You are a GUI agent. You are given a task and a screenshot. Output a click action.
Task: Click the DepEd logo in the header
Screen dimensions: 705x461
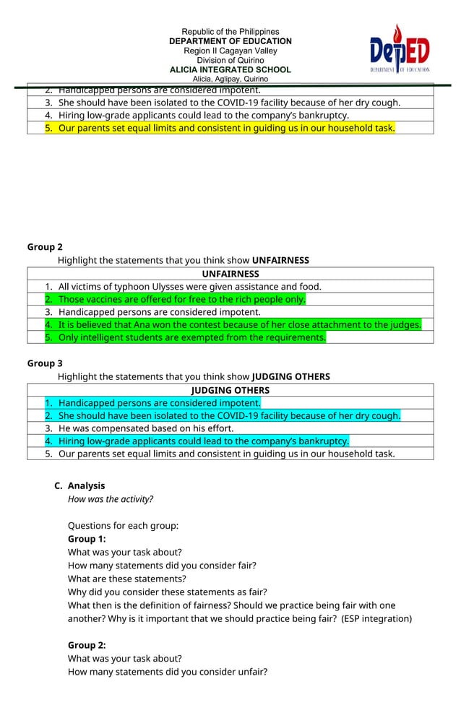(x=400, y=49)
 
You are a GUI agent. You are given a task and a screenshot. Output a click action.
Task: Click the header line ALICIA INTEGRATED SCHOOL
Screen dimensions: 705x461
(x=230, y=69)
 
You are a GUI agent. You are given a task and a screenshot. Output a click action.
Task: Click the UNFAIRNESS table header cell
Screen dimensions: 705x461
(x=230, y=274)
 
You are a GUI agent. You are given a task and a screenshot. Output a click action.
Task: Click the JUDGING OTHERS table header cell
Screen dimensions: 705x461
(x=230, y=390)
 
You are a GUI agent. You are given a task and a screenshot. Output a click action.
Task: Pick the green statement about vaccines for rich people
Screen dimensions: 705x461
(x=181, y=300)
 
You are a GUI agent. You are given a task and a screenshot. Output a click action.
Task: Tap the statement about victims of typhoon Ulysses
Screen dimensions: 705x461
(x=189, y=287)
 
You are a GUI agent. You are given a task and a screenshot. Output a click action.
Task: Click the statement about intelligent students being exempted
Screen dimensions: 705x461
(x=191, y=337)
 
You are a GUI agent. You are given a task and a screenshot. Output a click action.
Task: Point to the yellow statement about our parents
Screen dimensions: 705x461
(x=226, y=128)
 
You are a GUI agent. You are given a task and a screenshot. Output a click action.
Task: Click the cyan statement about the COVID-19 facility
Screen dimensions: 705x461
(x=229, y=415)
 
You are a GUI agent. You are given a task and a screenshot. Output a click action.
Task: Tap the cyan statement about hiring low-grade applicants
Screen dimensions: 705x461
(x=203, y=441)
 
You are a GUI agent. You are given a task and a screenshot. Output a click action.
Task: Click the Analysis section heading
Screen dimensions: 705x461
(x=86, y=485)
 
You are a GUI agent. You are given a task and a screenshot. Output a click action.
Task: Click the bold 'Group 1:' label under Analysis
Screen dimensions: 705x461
(x=87, y=539)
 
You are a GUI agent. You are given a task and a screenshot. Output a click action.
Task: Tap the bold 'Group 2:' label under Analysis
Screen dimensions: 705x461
(x=87, y=645)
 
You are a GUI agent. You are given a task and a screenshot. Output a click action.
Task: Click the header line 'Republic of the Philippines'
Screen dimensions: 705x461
(x=230, y=32)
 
